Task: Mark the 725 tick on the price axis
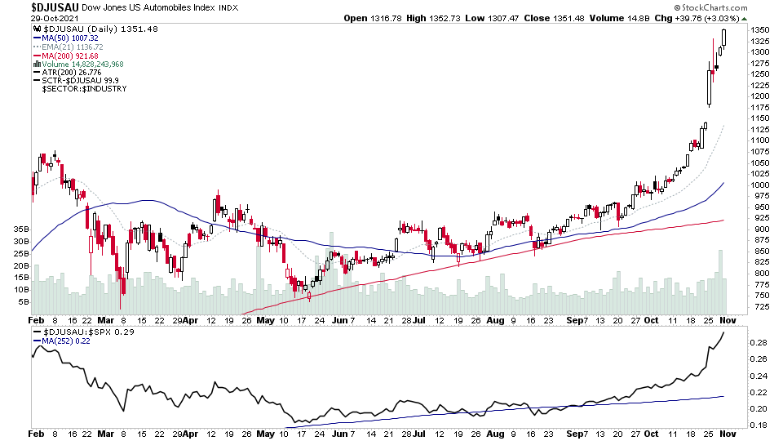pos(759,306)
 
